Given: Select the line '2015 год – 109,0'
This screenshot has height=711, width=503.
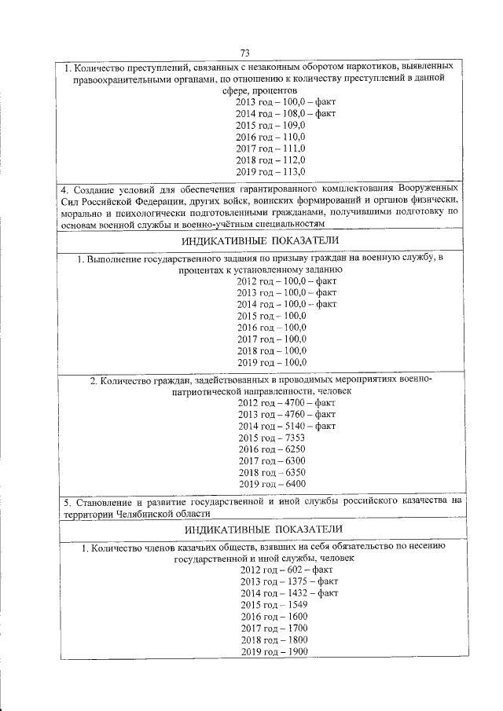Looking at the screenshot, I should (270, 126).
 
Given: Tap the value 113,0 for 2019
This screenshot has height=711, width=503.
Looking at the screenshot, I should (292, 171).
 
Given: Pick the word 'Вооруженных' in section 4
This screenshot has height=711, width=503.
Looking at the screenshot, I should (434, 189).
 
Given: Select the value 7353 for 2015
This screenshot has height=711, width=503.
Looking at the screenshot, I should (292, 438).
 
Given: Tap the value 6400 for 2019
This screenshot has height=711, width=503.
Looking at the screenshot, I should (292, 483).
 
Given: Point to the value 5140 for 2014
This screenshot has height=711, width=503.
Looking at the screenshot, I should (292, 426).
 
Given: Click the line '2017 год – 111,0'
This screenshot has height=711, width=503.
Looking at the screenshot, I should (270, 148).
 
